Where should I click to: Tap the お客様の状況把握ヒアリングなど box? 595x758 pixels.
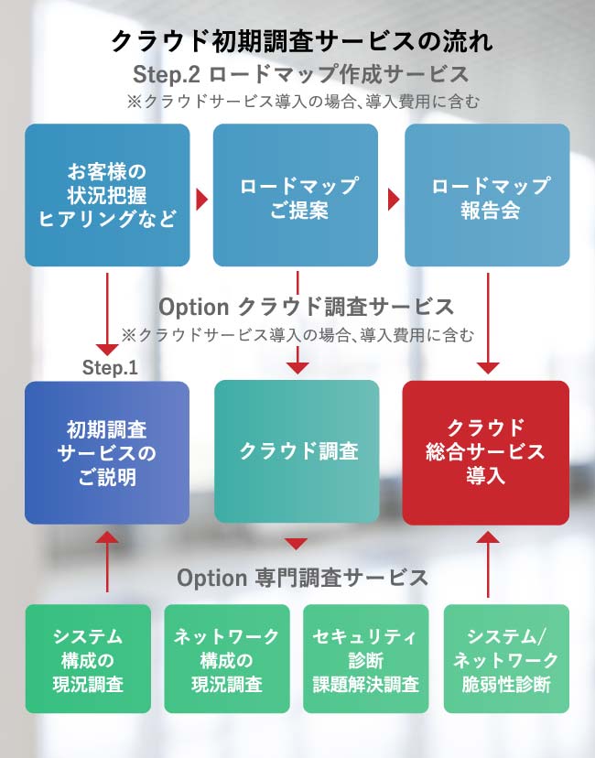coord(107,195)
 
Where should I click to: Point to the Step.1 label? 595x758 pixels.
coord(110,368)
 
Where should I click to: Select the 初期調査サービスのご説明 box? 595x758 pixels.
coord(107,453)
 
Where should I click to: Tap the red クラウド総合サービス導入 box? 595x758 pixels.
coord(486,452)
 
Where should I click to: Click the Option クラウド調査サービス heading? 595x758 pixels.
coord(306,306)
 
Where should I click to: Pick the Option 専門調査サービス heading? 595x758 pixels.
coord(302,578)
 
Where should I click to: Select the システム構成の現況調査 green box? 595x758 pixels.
coord(87,659)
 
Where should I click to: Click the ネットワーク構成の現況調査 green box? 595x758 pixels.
coord(227,659)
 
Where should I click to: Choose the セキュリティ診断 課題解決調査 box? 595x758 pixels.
coord(365,659)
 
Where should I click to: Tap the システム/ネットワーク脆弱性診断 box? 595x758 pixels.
coord(506,659)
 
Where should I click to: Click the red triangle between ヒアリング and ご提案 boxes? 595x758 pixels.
coord(201,199)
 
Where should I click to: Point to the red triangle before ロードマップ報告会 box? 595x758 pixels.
coord(394,199)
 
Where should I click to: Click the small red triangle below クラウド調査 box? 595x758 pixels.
coord(296,543)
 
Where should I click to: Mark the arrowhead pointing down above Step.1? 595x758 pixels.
coord(108,349)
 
